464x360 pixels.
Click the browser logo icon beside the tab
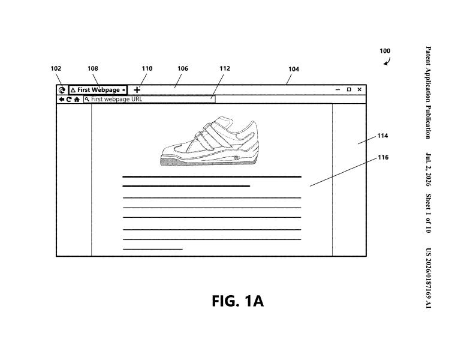[x=62, y=90]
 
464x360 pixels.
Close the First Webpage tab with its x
[x=123, y=90]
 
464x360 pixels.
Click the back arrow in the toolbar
[x=61, y=99]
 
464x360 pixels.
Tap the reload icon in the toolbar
[x=69, y=99]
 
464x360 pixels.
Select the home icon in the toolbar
[x=77, y=99]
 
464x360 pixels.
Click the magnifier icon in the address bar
[x=87, y=99]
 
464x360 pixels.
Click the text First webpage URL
[x=116, y=99]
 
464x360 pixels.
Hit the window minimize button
[x=338, y=89]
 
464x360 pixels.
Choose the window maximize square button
[x=349, y=89]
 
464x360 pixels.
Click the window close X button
[x=360, y=89]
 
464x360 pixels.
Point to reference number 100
[x=385, y=51]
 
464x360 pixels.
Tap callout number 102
[x=56, y=68]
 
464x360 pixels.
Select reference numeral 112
[x=225, y=68]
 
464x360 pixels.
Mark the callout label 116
[x=383, y=157]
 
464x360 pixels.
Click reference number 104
[x=294, y=69]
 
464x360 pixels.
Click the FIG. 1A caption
[x=237, y=301]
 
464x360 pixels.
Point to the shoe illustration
[x=210, y=140]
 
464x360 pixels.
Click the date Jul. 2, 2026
[x=428, y=169]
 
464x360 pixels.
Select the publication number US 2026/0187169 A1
[x=428, y=278]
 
